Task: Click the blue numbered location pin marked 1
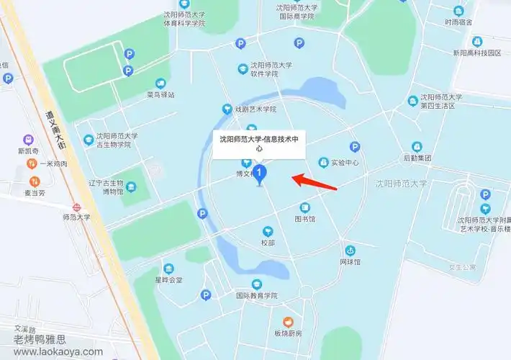click(x=261, y=174)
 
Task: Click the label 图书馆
click(x=304, y=218)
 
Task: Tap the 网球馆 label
click(x=350, y=263)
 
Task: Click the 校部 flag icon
click(x=268, y=231)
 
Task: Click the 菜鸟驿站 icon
click(x=160, y=83)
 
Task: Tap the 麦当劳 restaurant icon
click(x=33, y=181)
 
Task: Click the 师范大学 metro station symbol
click(x=76, y=204)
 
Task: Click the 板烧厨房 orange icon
click(x=288, y=321)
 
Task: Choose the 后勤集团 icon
click(x=417, y=146)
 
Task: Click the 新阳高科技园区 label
click(x=476, y=53)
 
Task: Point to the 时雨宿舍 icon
click(x=458, y=11)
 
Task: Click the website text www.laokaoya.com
click(x=58, y=352)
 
